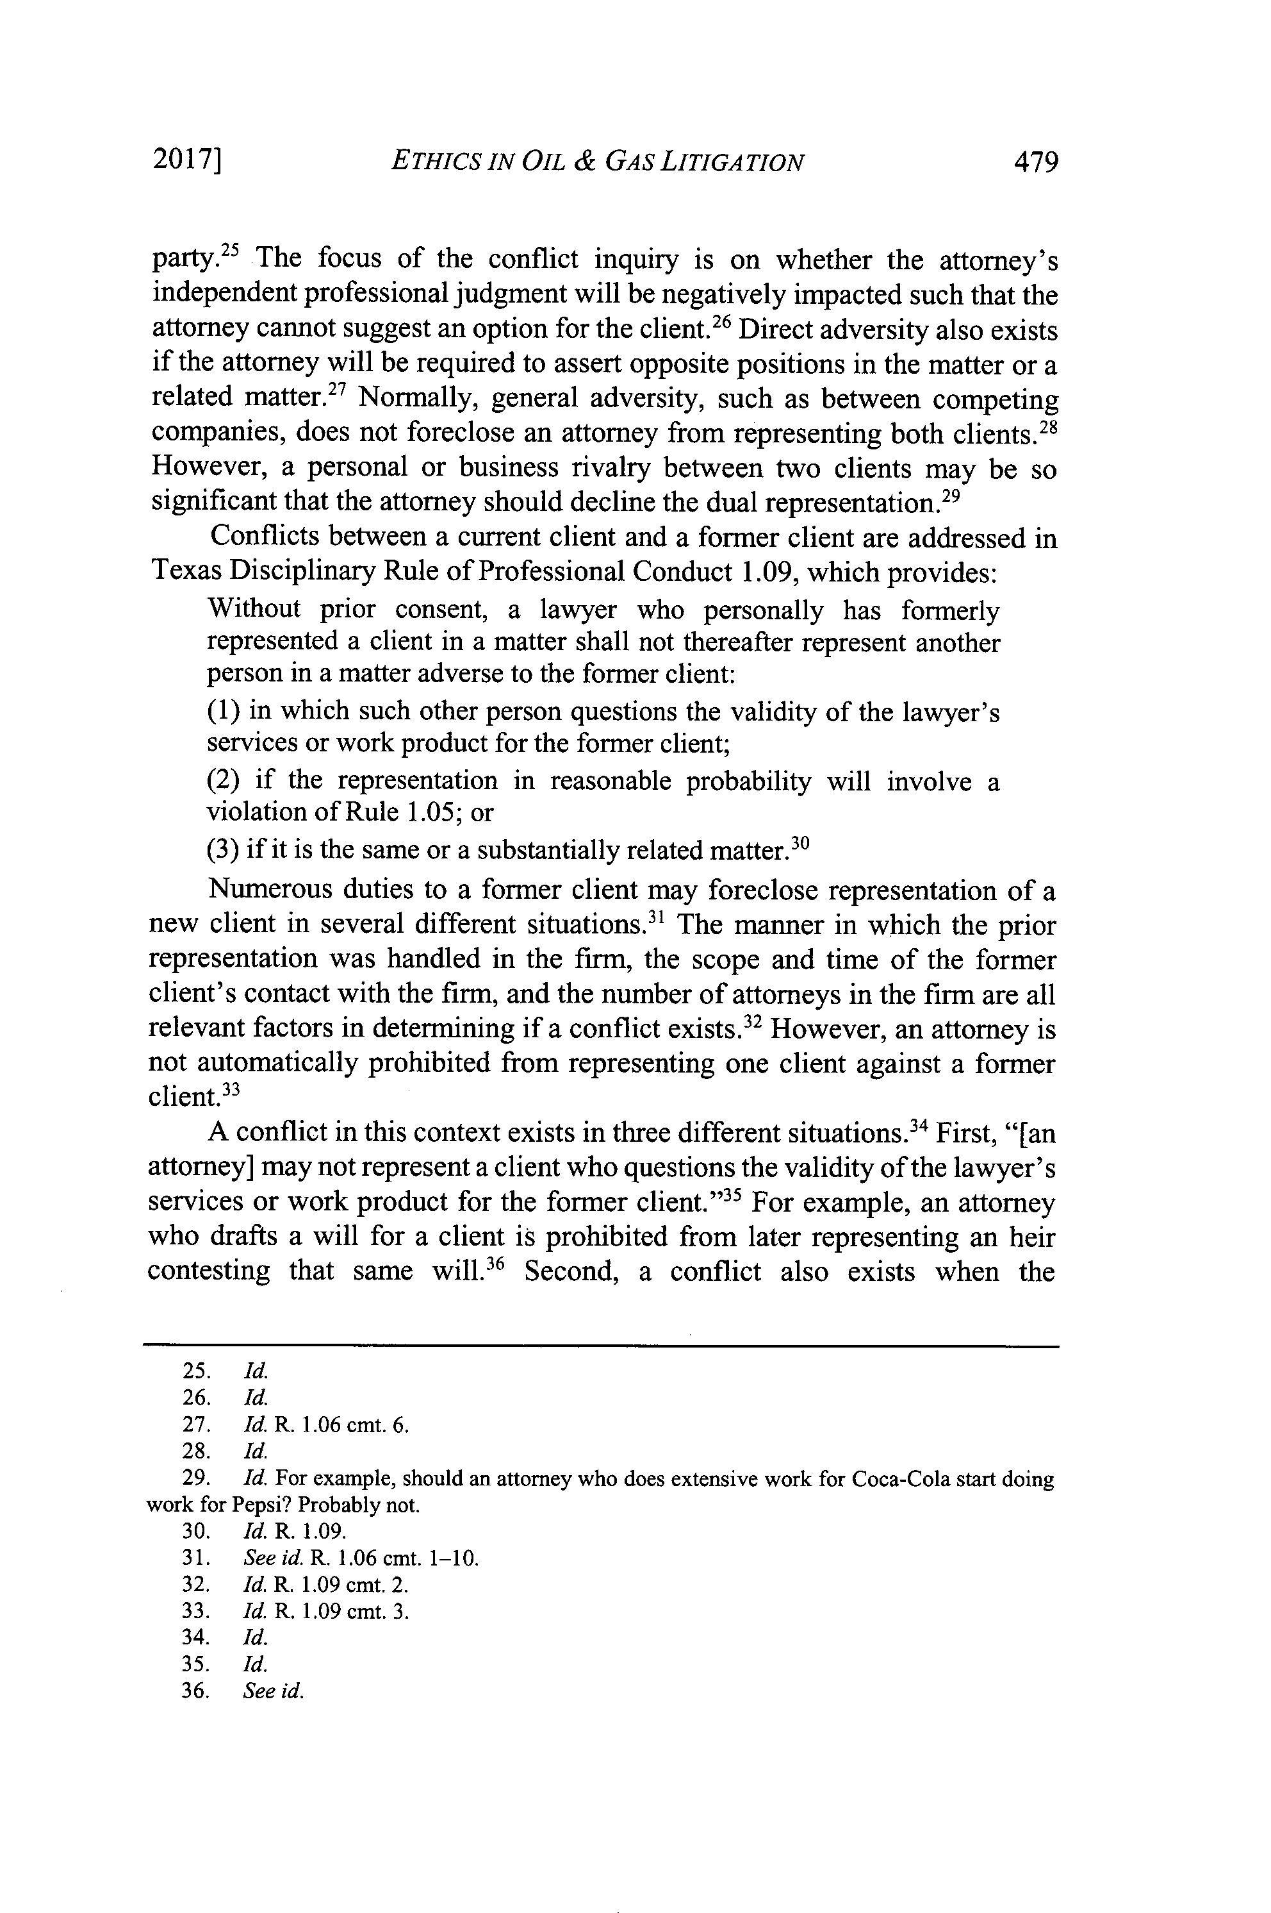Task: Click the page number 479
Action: (1036, 162)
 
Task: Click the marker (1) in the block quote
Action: (224, 711)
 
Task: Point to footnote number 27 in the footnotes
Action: (197, 1426)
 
